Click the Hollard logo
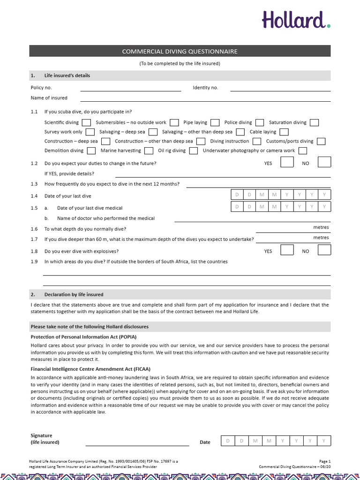point(296,20)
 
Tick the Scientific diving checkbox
point(86,123)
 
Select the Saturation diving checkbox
point(314,123)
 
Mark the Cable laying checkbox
point(284,132)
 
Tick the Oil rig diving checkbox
point(194,151)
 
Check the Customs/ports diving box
point(321,142)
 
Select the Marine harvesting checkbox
point(149,151)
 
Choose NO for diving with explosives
point(324,251)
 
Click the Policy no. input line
point(130,89)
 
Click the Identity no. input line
point(280,89)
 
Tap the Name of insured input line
point(205,99)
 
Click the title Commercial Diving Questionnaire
point(180,52)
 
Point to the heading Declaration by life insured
point(74,295)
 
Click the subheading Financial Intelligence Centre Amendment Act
point(90,369)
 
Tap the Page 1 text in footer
point(325,461)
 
